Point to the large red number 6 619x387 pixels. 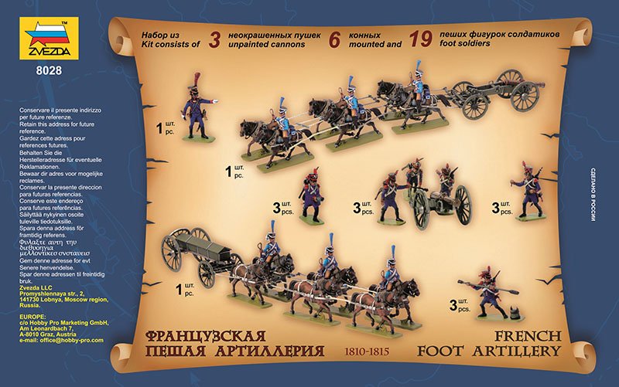coord(333,40)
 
